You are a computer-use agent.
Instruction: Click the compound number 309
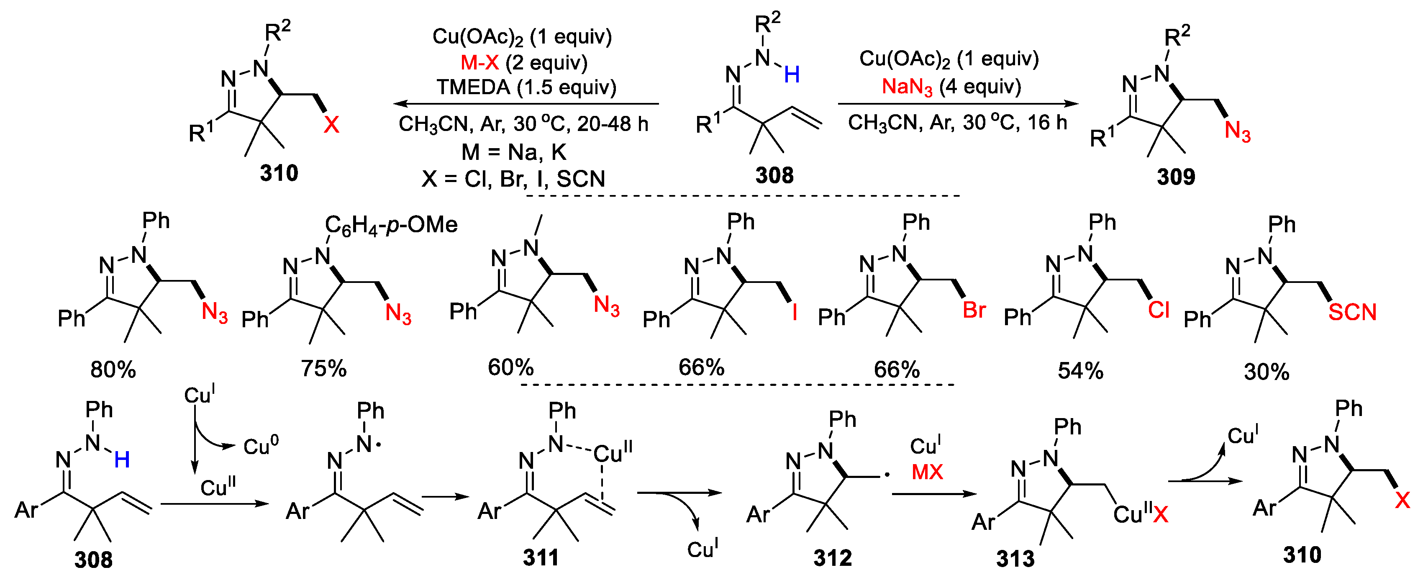pyautogui.click(x=1176, y=177)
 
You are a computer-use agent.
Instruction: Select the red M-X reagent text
pyautogui.click(x=479, y=62)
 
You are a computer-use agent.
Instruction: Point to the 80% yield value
pyautogui.click(x=113, y=370)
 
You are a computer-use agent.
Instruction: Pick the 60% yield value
pyautogui.click(x=510, y=367)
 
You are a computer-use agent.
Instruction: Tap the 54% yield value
pyautogui.click(x=1080, y=371)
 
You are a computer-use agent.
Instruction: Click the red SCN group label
pyautogui.click(x=1352, y=312)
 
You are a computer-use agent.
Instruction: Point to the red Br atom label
pyautogui.click(x=974, y=310)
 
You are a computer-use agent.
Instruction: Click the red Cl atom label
pyautogui.click(x=1159, y=310)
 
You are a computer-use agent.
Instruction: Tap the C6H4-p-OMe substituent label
pyautogui.click(x=391, y=225)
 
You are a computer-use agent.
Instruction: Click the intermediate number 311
pyautogui.click(x=541, y=557)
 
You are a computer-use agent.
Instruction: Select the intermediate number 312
pyautogui.click(x=833, y=558)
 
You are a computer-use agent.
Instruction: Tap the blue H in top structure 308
pyautogui.click(x=792, y=74)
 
